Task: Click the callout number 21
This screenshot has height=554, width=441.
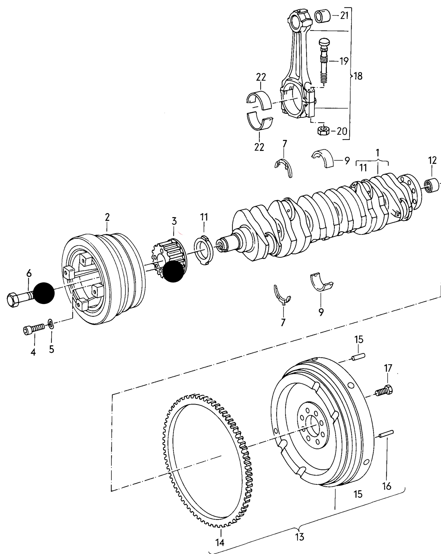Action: click(344, 16)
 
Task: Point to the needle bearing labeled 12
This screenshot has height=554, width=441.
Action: click(432, 186)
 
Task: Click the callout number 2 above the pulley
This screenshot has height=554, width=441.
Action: click(107, 217)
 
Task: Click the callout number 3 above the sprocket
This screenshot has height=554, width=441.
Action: click(174, 221)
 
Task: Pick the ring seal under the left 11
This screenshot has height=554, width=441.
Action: click(203, 250)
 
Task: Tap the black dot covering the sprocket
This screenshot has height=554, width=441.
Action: click(173, 271)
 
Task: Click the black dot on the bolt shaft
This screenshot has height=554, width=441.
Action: click(44, 293)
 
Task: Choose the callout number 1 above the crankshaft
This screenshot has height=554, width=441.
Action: click(378, 152)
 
